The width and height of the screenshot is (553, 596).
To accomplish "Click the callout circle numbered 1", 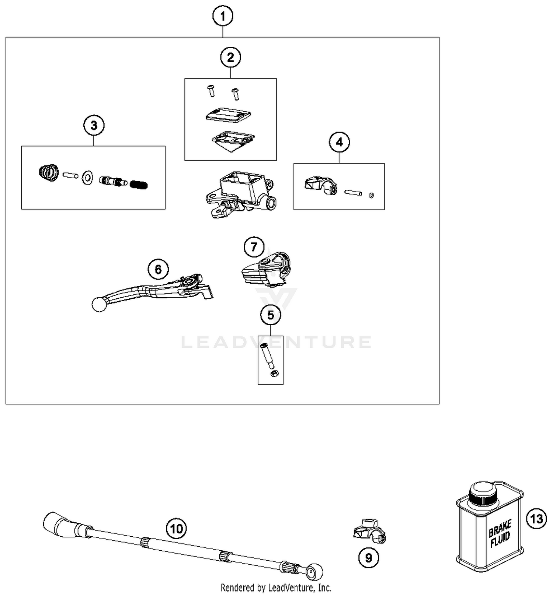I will click(223, 17).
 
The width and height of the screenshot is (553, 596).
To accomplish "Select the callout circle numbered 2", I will click(230, 57).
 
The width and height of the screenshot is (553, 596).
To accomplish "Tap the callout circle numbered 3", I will click(94, 126).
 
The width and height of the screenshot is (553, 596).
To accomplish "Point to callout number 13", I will click(536, 519).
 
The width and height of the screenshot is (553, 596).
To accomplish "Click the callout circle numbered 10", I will click(176, 529).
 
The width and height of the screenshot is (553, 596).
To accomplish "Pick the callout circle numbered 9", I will click(368, 558).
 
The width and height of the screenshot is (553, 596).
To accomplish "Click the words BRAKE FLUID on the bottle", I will click(500, 534).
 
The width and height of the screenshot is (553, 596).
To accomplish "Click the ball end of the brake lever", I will click(99, 305).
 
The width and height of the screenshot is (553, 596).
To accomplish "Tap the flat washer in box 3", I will click(87, 178).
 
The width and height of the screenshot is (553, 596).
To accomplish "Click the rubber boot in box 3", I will click(49, 172).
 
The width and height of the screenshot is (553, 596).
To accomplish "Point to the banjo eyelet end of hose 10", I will click(314, 572).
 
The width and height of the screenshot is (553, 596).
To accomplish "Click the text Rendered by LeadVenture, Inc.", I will click(276, 588).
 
